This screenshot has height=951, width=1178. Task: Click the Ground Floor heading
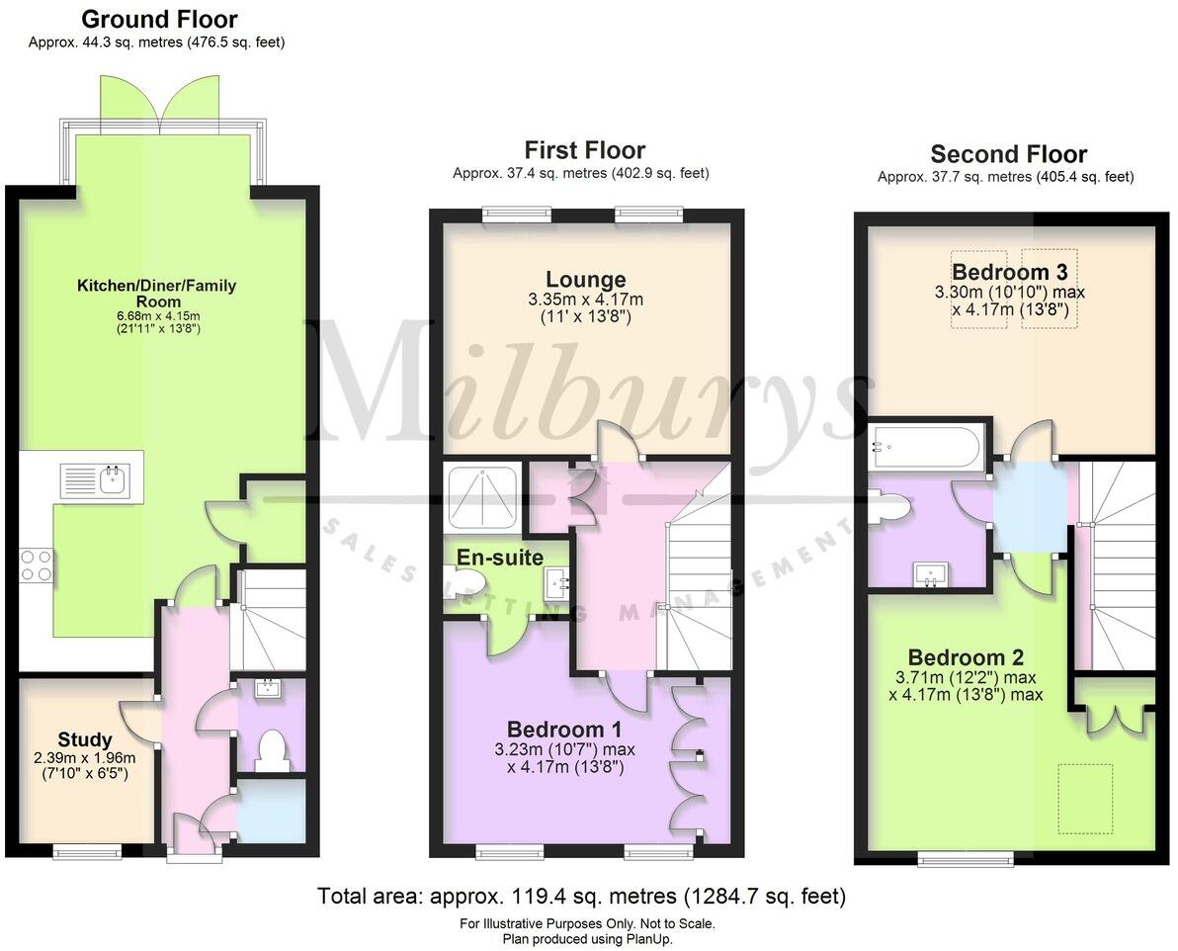click(159, 19)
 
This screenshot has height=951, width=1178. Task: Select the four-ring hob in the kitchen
click(37, 565)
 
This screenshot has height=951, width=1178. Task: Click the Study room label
click(85, 739)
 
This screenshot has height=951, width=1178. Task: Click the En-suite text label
click(499, 558)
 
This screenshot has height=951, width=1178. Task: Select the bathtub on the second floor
click(926, 446)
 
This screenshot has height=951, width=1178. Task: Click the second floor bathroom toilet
click(888, 507)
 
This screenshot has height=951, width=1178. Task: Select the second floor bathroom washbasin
click(931, 574)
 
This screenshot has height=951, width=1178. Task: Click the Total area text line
click(581, 897)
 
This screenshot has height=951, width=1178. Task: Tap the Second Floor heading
click(1008, 154)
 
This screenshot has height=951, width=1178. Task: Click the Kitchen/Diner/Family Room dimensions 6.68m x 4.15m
click(157, 315)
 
